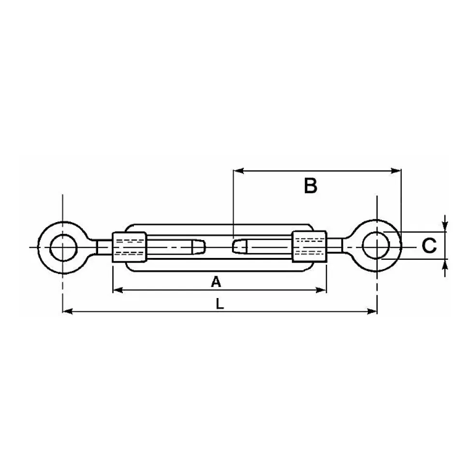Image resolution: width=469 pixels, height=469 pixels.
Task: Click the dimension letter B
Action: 310,186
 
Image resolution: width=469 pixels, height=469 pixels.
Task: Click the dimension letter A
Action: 216,282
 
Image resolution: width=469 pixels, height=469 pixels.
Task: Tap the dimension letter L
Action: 220,304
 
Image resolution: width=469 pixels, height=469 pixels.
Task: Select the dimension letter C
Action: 429,245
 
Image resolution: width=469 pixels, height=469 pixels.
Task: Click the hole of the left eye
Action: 63,247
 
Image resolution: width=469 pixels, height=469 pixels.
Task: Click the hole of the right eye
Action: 376,245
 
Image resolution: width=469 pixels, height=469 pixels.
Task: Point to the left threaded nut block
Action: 130,247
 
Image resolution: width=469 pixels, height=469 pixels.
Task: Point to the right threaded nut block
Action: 309,246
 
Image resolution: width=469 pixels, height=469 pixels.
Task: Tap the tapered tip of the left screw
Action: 199,247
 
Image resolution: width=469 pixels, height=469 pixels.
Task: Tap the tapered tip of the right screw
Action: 240,246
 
